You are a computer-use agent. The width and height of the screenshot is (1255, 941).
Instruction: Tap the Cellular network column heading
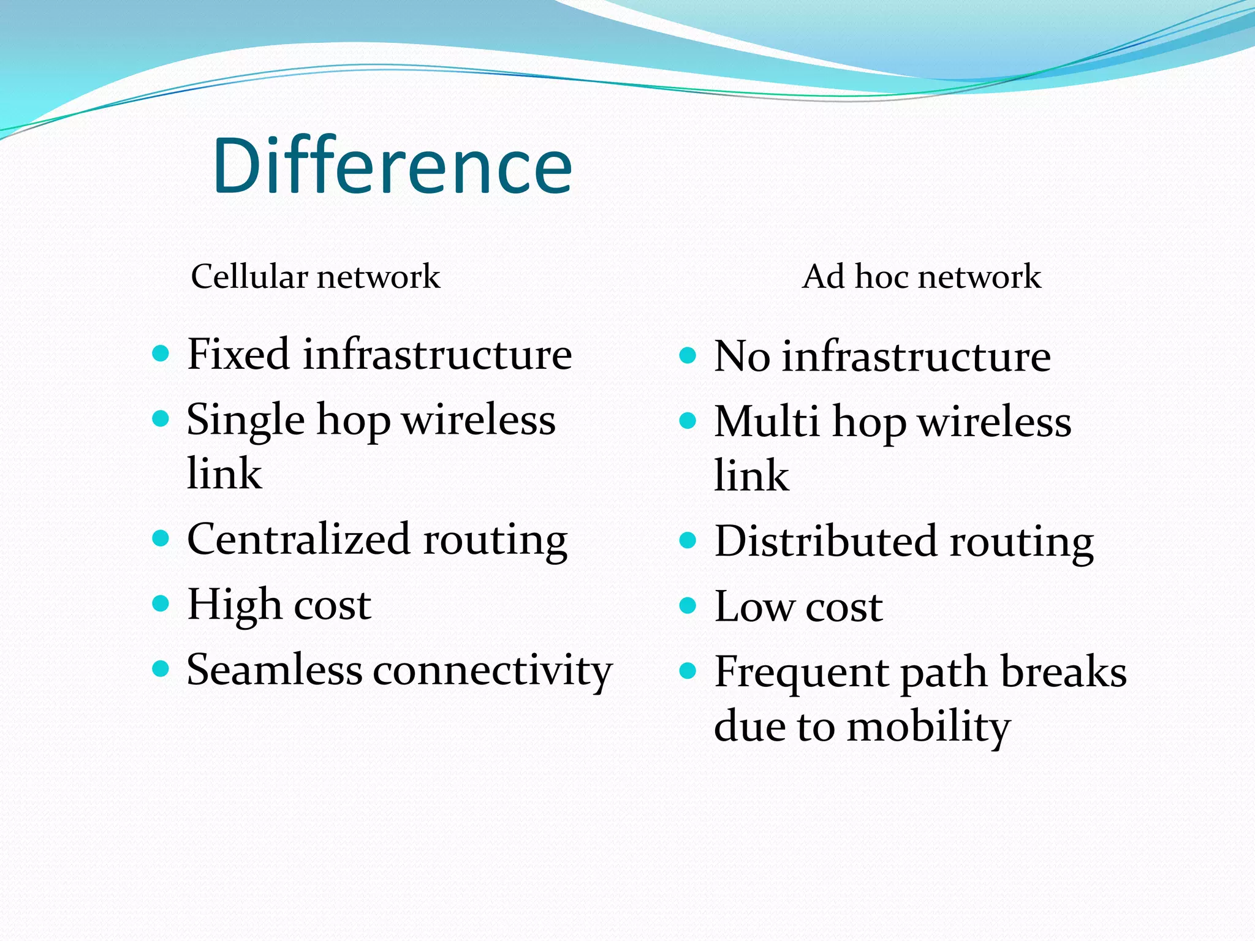[315, 277]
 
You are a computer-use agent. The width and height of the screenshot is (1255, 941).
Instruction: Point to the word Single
[245, 421]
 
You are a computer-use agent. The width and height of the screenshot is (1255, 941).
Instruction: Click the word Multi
[766, 423]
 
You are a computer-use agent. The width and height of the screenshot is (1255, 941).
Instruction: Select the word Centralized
[298, 539]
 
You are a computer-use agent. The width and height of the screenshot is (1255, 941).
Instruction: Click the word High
[234, 605]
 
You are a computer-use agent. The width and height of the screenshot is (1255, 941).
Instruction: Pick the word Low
[753, 607]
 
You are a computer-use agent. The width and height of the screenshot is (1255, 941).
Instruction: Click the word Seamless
[274, 670]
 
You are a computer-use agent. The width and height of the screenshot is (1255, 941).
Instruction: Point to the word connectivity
[492, 671]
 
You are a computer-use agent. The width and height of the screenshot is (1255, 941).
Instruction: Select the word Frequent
[802, 673]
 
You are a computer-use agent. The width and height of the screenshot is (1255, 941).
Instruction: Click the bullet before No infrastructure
[688, 356]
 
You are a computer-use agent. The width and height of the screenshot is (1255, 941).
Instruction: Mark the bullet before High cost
[161, 603]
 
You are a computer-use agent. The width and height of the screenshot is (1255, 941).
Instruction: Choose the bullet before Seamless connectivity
[161, 668]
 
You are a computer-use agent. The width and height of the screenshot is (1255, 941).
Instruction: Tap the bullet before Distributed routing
[688, 540]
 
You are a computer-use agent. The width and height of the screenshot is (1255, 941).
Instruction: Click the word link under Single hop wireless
[224, 474]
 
